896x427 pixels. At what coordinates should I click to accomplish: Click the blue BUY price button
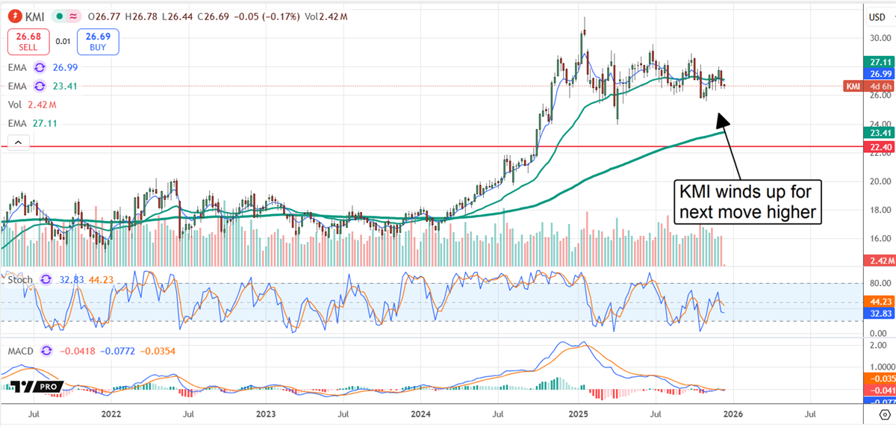click(x=100, y=42)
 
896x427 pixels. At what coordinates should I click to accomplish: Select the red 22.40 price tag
click(x=877, y=147)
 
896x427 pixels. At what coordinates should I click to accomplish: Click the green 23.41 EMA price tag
click(x=877, y=132)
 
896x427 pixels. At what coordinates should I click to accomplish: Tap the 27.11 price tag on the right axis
click(x=877, y=63)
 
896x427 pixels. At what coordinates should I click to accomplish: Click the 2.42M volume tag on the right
click(x=877, y=261)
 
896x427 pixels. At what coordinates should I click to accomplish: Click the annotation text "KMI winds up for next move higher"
click(x=747, y=200)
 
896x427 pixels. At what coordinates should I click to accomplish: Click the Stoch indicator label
click(x=21, y=280)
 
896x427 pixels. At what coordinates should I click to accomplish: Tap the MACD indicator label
click(x=22, y=350)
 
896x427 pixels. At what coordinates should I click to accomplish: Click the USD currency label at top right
click(x=877, y=16)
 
